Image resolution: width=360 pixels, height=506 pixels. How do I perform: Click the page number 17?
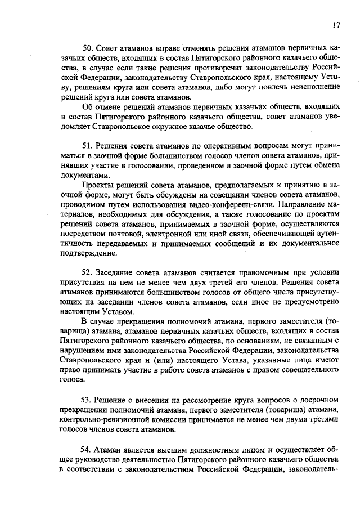click(x=336, y=25)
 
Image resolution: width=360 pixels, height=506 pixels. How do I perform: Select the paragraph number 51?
click(x=87, y=146)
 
